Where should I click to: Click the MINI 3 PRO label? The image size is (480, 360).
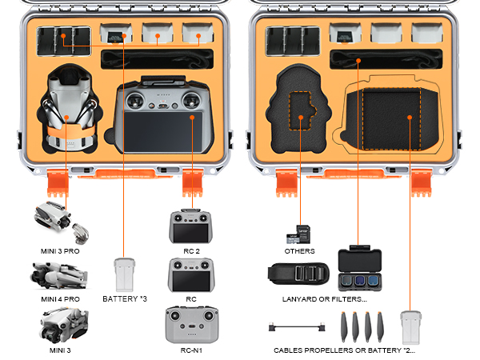click(62, 251)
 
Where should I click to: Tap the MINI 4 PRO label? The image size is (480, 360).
click(62, 299)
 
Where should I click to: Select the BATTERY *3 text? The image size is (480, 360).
click(125, 299)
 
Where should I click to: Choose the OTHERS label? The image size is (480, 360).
click(298, 251)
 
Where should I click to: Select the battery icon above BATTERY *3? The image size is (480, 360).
click(124, 274)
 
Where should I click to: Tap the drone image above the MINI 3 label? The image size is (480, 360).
click(62, 325)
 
